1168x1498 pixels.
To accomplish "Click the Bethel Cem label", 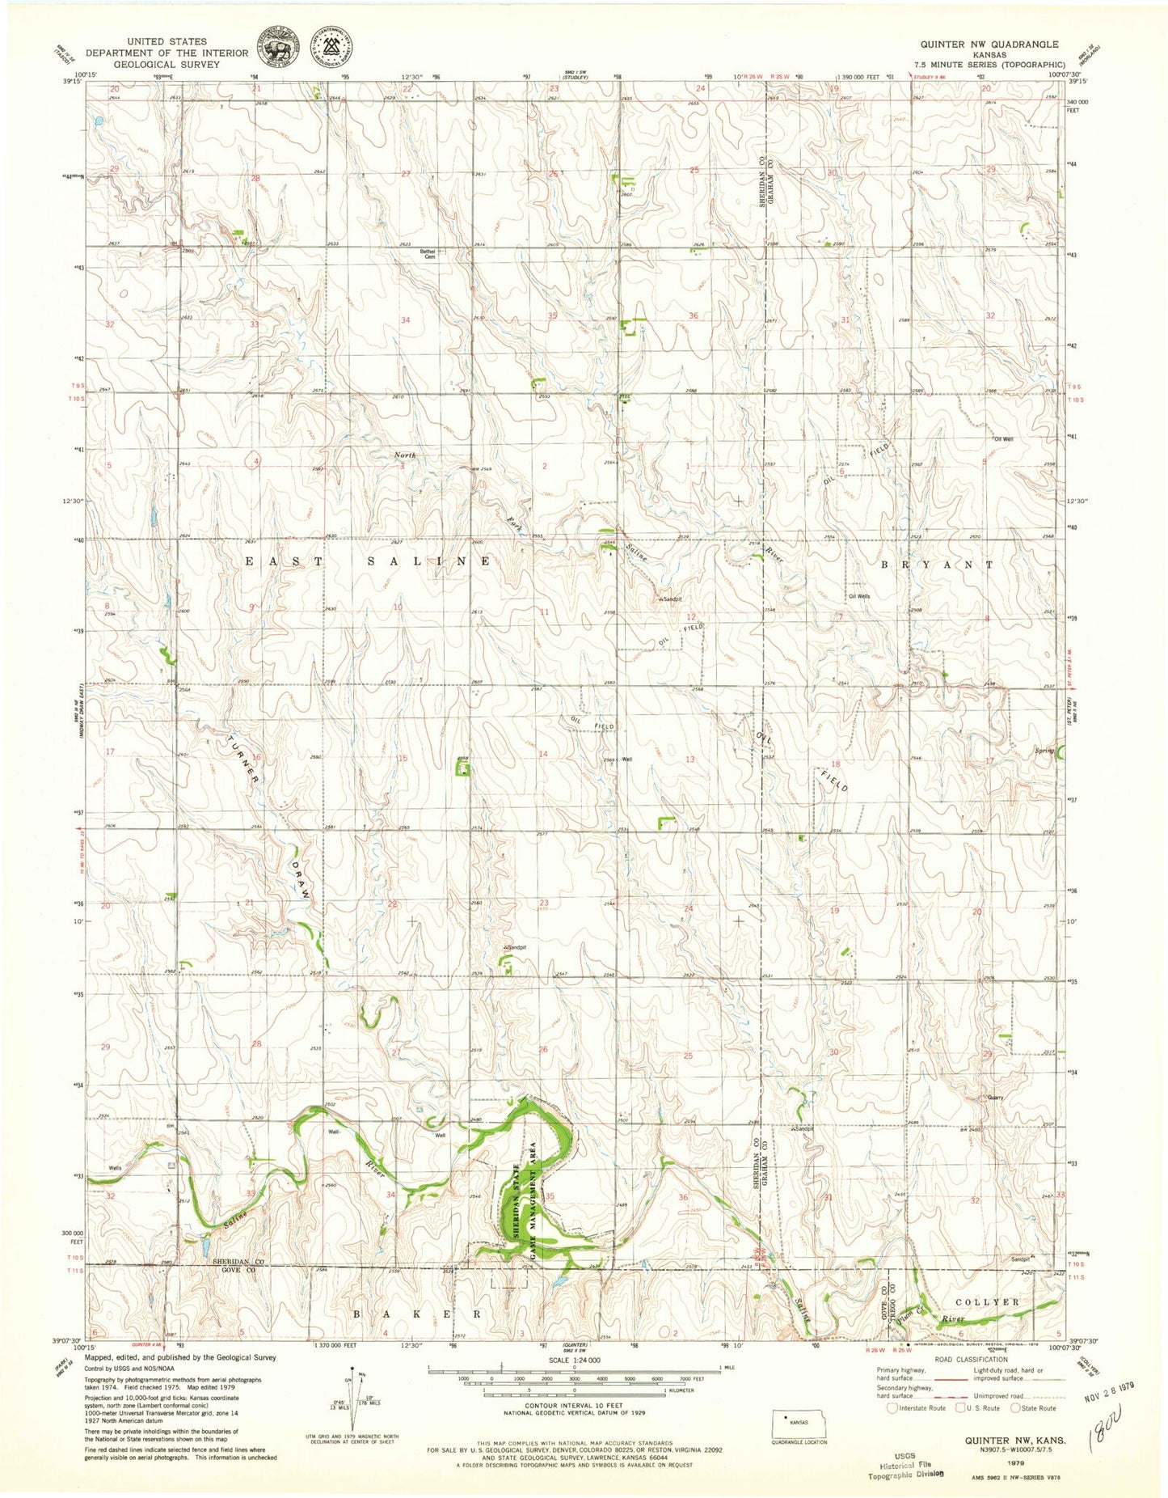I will point(428,254).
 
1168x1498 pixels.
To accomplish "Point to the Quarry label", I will point(994,1098).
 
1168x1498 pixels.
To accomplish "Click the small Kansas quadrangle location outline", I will point(799,1421).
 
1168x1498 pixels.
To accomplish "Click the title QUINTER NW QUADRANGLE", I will point(989,44).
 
